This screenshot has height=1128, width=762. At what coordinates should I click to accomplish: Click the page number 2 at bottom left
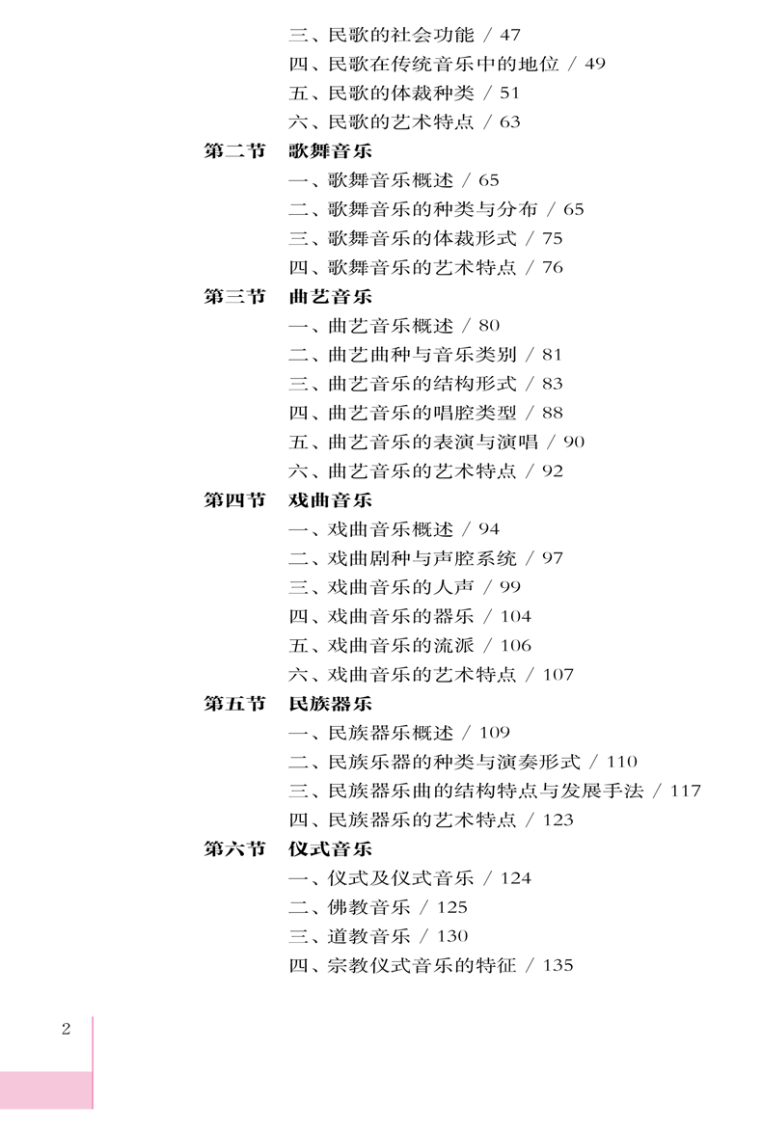click(67, 1030)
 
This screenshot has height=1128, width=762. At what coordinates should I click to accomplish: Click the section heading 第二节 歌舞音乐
click(287, 151)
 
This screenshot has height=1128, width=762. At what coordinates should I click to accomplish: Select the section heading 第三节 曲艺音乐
click(287, 296)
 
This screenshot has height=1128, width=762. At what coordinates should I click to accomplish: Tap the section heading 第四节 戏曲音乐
click(287, 500)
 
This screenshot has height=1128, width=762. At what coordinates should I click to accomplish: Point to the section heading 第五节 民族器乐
click(287, 704)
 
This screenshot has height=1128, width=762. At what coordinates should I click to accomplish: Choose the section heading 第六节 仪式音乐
click(287, 848)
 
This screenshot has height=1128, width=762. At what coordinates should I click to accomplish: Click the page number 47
click(510, 36)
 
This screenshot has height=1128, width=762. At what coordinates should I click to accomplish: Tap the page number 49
click(595, 64)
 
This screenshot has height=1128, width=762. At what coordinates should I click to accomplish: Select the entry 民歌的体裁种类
click(401, 93)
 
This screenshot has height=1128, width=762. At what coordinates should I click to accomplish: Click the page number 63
click(510, 122)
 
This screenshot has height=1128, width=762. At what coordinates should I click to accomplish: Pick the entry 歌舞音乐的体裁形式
click(422, 238)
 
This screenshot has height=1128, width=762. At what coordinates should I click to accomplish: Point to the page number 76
click(553, 268)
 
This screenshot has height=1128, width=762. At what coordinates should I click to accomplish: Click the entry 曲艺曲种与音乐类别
click(422, 355)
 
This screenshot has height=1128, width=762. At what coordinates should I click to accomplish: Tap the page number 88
click(553, 413)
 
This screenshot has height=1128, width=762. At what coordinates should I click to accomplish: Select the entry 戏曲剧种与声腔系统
click(422, 558)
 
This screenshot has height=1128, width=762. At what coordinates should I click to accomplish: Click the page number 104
click(516, 616)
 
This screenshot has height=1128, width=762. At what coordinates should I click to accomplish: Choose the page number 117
click(686, 792)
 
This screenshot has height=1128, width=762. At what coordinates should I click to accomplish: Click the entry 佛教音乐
click(369, 907)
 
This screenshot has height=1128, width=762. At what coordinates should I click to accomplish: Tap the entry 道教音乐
click(369, 936)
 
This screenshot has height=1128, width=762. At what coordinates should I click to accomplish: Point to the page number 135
click(558, 965)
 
